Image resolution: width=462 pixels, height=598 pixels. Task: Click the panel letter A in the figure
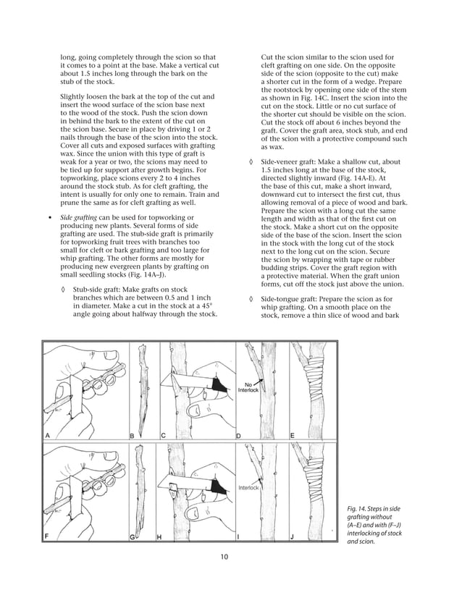pos(48,435)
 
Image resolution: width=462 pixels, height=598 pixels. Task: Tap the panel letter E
pos(292,435)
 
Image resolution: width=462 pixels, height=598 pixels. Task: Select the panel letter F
pos(48,536)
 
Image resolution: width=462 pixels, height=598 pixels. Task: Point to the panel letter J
pos(292,536)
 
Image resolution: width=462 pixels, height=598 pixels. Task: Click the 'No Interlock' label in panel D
pos(248,387)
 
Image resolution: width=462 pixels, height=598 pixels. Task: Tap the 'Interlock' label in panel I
pos(248,488)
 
